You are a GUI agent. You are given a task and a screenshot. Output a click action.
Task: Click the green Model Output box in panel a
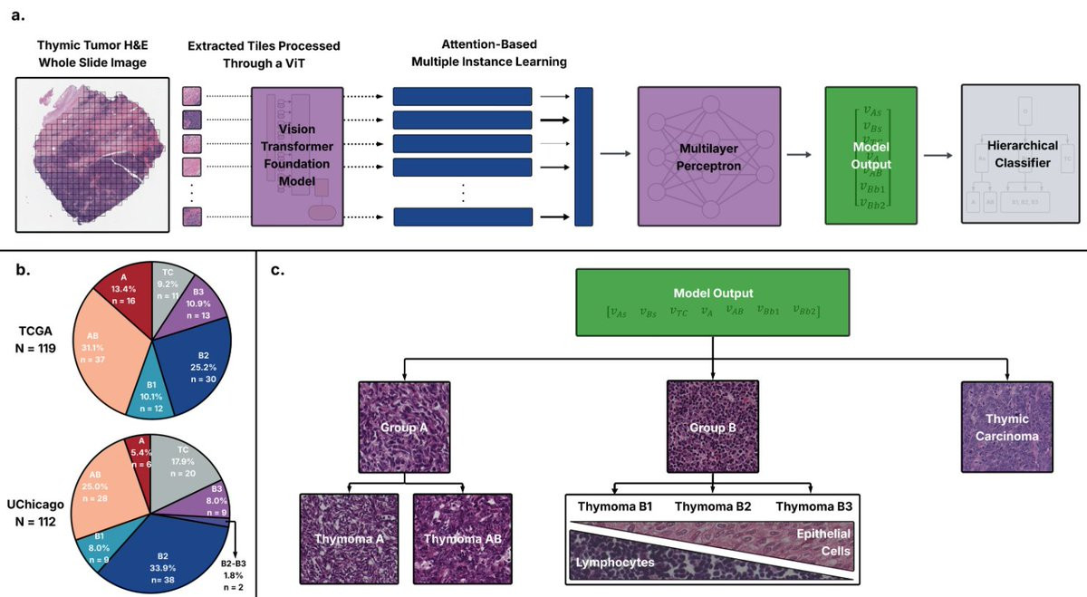(871, 156)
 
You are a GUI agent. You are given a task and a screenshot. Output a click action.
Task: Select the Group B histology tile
(713, 426)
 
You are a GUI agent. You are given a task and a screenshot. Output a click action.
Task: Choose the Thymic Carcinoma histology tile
(1008, 428)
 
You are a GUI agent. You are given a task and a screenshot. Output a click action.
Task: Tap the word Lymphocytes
(614, 563)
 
